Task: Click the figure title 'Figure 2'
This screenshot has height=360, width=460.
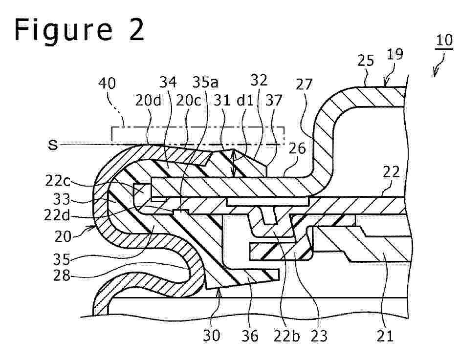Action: (x=79, y=30)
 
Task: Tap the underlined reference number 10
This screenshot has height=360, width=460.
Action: (x=444, y=40)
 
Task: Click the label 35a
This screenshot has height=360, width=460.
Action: (x=206, y=83)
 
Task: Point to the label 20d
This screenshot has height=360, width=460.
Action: (x=148, y=101)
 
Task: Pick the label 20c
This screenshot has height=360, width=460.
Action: (x=189, y=101)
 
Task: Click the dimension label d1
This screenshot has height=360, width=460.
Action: (x=245, y=101)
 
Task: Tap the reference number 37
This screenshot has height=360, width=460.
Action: (x=274, y=101)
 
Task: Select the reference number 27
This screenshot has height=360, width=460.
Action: (x=304, y=85)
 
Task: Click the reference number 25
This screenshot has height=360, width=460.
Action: (x=366, y=61)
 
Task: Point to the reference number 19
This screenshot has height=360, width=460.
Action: (x=395, y=55)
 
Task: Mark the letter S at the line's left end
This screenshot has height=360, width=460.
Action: (x=53, y=145)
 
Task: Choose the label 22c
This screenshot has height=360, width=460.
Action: (x=58, y=181)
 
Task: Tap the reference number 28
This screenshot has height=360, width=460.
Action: (x=62, y=275)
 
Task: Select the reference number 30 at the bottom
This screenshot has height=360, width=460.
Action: (x=212, y=336)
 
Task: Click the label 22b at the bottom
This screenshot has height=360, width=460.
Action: (x=286, y=336)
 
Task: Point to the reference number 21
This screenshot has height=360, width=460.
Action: (x=385, y=336)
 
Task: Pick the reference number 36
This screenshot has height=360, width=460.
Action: (x=250, y=336)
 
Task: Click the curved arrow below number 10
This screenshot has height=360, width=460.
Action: (x=439, y=66)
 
